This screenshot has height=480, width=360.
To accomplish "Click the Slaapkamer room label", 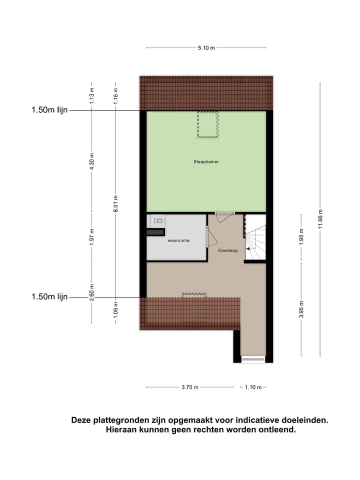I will (206, 162).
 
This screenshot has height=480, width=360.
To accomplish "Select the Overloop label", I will (228, 250).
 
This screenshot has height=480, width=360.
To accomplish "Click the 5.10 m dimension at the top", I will (206, 48).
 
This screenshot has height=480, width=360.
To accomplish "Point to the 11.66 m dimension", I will (320, 219).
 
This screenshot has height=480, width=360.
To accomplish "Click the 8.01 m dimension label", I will (115, 204).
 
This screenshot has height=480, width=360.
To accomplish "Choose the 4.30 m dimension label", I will (92, 161).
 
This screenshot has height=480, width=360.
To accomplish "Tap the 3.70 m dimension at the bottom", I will (189, 387).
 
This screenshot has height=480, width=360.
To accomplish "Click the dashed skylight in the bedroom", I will (207, 124).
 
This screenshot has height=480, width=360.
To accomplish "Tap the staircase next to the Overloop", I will (255, 237).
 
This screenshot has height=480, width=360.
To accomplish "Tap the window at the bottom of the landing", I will (253, 359).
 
